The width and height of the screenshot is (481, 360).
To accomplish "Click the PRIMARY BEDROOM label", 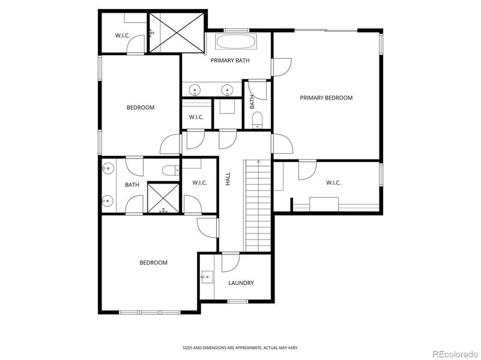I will pyautogui.click(x=326, y=98).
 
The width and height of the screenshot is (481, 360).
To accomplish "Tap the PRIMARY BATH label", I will pyautogui.click(x=230, y=61).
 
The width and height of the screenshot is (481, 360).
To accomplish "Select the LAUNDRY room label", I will pyautogui.click(x=241, y=283).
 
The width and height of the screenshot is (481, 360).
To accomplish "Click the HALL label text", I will pyautogui.click(x=228, y=179).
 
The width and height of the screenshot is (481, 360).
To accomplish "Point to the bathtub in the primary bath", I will pyautogui.click(x=235, y=43).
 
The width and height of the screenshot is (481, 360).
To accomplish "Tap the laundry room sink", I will pyautogui.click(x=207, y=277).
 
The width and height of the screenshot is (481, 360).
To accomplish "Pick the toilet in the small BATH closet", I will pyautogui.click(x=257, y=118).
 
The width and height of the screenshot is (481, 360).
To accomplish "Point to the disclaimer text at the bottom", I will pyautogui.click(x=240, y=347).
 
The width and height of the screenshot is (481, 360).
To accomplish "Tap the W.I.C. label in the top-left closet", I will pyautogui.click(x=123, y=35).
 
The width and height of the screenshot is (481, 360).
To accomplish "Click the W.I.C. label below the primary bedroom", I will pyautogui.click(x=333, y=183).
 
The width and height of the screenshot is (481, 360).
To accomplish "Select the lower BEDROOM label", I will pyautogui.click(x=153, y=263).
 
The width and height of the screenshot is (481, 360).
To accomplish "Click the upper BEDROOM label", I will pyautogui.click(x=140, y=108).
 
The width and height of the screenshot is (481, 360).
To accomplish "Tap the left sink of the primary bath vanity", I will pyautogui.click(x=195, y=91).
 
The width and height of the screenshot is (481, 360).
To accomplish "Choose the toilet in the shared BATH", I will pyautogui.click(x=171, y=170).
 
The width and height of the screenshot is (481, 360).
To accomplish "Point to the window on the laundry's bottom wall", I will pyautogui.click(x=238, y=301).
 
